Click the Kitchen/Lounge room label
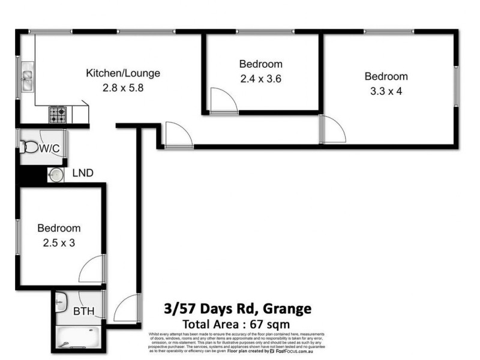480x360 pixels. [123, 74]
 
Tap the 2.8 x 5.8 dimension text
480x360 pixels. [123, 87]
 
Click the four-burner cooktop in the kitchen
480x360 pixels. [58, 114]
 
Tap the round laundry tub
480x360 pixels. [56, 175]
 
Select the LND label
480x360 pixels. [82, 174]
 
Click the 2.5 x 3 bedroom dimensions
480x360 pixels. [59, 242]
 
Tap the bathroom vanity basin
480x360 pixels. [62, 304]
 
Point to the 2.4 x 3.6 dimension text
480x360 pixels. [260, 77]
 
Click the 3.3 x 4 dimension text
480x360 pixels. [386, 90]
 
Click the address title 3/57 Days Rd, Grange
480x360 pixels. [238, 310]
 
